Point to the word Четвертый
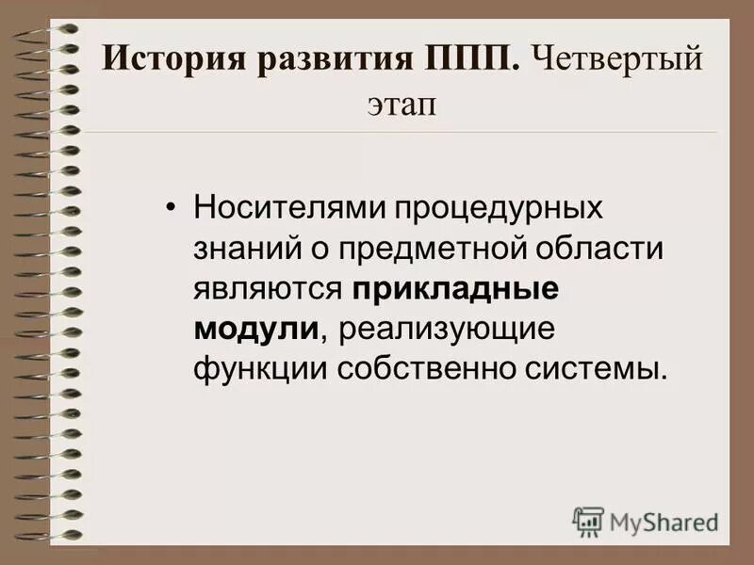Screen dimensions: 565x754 pos(617,61)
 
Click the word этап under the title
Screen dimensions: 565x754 pos(402,105)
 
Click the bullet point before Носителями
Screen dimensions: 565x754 pos(171,208)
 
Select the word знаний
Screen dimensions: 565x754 pos(240,249)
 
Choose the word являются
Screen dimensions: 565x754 pos(267,288)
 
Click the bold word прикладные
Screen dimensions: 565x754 pos(457,288)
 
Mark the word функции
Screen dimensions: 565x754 pos(248,368)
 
